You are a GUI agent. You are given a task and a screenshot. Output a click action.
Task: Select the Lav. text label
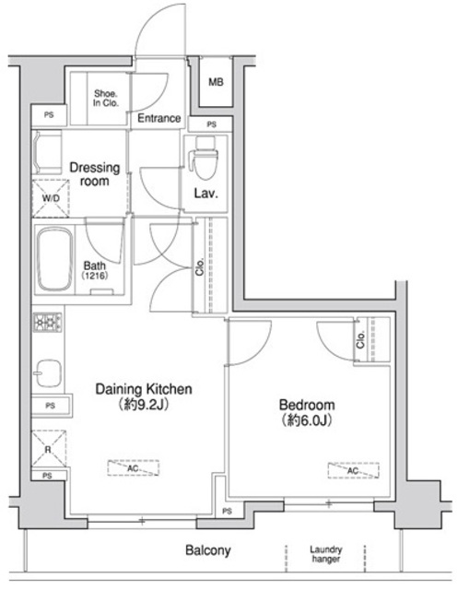[x=205, y=194]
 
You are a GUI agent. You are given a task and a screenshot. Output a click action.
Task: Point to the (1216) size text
[x=95, y=276]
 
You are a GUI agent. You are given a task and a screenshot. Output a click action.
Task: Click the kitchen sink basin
[x=49, y=373]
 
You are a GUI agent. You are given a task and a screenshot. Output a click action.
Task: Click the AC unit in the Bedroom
[x=344, y=469]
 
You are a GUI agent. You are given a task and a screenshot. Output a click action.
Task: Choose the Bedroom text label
[x=308, y=405]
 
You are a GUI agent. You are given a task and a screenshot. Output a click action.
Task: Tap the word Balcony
[x=207, y=550]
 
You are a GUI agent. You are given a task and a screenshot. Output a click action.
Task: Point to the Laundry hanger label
[x=326, y=551]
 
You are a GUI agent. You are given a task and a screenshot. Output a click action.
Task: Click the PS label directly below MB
[x=212, y=124]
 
